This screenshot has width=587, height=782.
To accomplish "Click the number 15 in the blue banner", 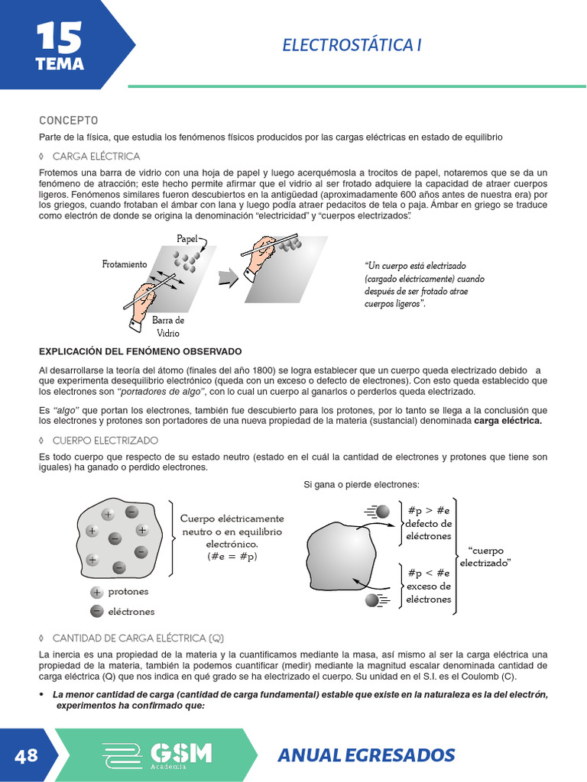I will click(59, 36).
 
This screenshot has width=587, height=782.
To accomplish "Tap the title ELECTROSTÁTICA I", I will click(352, 45).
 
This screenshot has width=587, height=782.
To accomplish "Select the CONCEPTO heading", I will click(69, 121).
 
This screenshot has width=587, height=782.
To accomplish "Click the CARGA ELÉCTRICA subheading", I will click(96, 157).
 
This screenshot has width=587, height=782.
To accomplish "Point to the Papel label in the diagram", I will click(187, 239).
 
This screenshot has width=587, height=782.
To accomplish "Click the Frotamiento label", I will click(125, 264).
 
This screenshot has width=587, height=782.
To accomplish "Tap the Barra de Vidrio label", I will click(167, 327).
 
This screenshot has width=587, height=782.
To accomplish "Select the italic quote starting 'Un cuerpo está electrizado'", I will click(424, 284).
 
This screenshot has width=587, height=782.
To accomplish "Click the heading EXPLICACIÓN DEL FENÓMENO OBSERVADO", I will click(140, 351).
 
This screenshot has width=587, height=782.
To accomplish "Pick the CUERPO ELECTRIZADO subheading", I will click(105, 441).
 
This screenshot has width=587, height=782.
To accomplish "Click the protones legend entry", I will click(128, 592).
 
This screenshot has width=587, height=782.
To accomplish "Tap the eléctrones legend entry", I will click(131, 611).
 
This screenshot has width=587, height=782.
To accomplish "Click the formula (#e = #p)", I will click(232, 557).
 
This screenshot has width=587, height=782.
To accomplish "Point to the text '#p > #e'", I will click(429, 510).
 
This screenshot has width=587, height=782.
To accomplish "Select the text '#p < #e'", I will click(429, 573).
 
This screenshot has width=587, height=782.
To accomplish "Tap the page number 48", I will click(26, 755).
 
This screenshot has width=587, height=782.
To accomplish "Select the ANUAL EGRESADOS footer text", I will click(366, 755).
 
